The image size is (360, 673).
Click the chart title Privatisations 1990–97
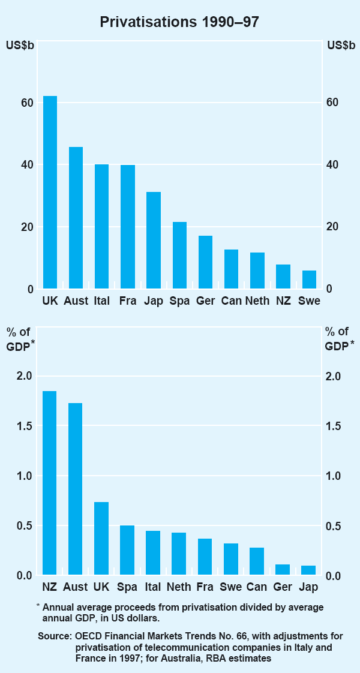tap(179, 22)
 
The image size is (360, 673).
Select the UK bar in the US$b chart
tap(50, 193)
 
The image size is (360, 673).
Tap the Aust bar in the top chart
tap(76, 218)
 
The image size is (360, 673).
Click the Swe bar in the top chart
tap(309, 280)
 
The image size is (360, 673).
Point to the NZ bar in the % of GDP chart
tap(50, 483)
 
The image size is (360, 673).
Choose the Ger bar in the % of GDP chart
tap(283, 569)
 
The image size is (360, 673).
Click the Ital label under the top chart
tap(102, 301)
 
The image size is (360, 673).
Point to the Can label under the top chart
tap(231, 301)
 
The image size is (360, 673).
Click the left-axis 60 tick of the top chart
tap(26, 103)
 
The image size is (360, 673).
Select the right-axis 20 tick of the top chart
tap(333, 227)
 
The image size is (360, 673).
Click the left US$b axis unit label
tap(19, 46)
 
